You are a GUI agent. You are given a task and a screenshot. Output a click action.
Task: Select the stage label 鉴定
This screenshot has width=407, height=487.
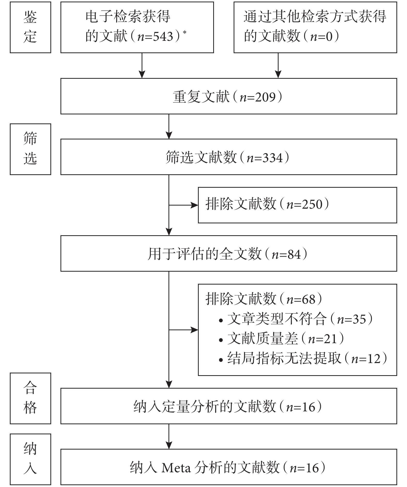(x=30, y=27)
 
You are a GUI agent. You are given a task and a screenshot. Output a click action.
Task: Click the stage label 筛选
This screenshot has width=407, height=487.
(x=30, y=149)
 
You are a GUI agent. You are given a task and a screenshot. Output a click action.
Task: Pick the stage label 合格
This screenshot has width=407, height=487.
(x=30, y=398)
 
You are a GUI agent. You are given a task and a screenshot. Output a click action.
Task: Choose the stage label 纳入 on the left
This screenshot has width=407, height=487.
(x=30, y=459)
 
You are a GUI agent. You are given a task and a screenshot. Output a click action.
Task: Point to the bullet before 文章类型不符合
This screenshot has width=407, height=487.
(x=221, y=321)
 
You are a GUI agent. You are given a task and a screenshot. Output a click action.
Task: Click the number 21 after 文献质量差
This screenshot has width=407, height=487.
(x=331, y=339)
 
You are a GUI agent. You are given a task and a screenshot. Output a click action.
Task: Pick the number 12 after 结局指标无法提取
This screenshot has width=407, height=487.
(x=374, y=359)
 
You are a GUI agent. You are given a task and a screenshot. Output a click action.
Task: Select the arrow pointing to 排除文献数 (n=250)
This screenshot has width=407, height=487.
(x=183, y=205)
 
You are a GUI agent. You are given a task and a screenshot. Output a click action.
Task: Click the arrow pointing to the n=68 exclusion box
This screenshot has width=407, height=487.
(x=183, y=330)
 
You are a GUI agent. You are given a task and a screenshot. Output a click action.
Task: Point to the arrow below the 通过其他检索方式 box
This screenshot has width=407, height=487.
(x=278, y=66)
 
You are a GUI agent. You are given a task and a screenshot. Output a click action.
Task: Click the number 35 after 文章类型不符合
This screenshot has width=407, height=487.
(x=359, y=319)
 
